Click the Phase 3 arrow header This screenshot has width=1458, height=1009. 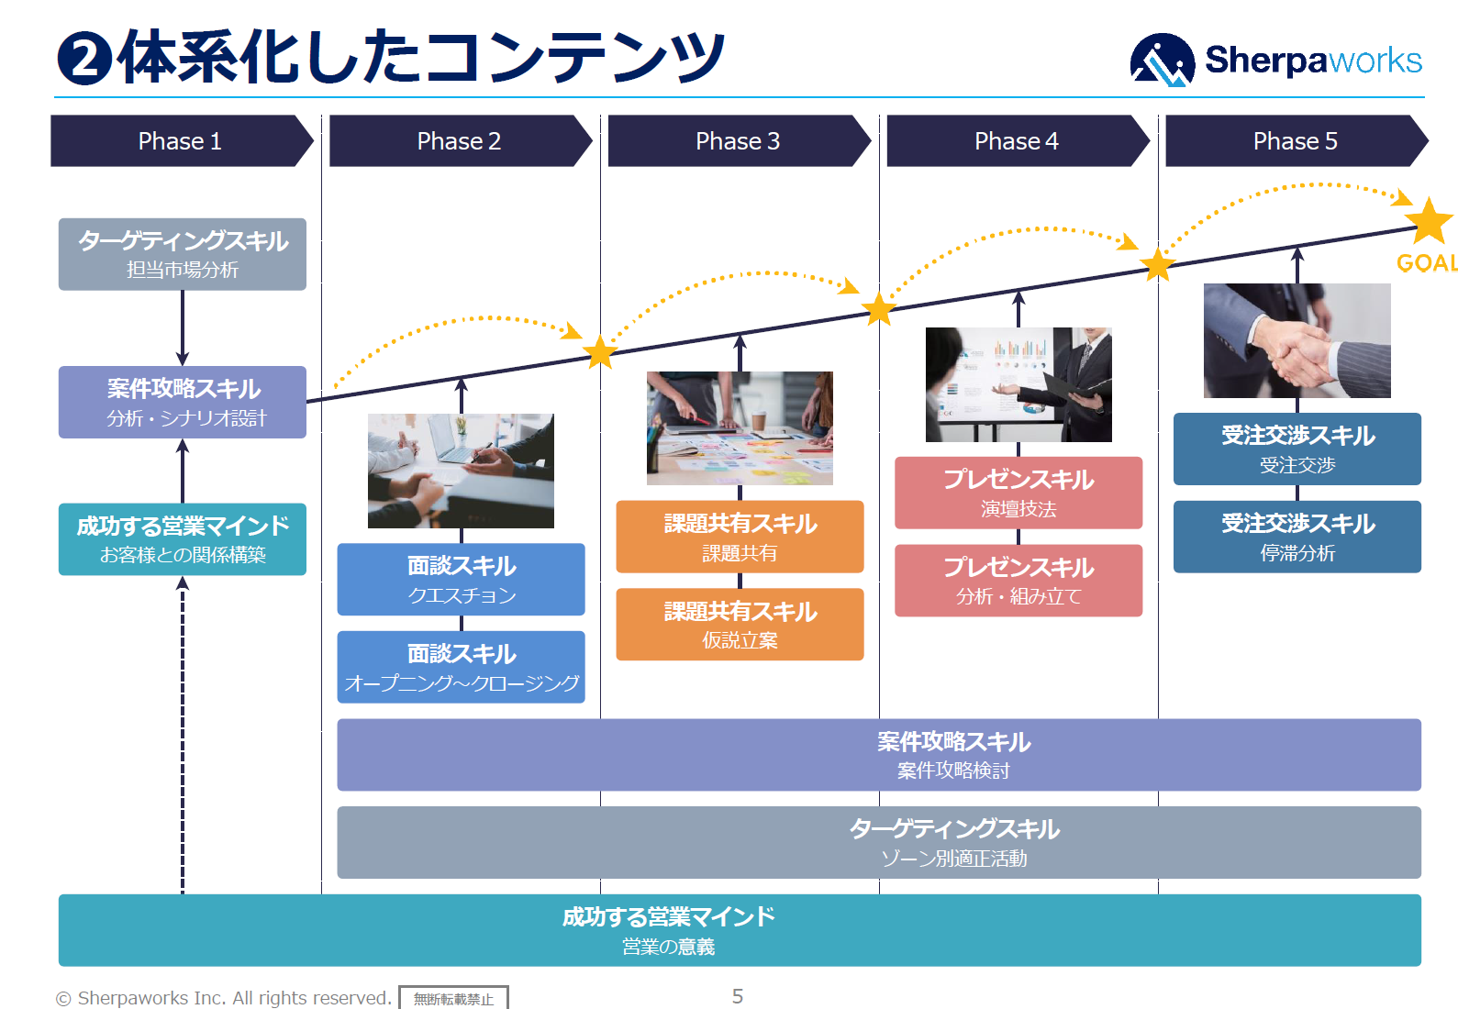pyautogui.click(x=737, y=141)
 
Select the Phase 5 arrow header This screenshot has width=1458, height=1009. pyautogui.click(x=1295, y=141)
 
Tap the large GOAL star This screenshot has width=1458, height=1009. pyautogui.click(x=1429, y=221)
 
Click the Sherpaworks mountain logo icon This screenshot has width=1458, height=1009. pyautogui.click(x=1162, y=61)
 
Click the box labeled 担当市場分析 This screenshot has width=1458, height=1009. pyautogui.click(x=183, y=254)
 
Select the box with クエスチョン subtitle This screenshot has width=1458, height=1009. pyautogui.click(x=461, y=579)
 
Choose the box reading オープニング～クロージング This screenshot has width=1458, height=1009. pyautogui.click(x=461, y=667)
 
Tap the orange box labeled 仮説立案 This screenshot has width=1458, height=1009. pyautogui.click(x=740, y=624)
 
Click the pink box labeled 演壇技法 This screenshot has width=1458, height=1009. pyautogui.click(x=1018, y=493)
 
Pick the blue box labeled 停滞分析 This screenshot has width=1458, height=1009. pyautogui.click(x=1297, y=537)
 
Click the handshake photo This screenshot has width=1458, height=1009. pyautogui.click(x=1297, y=340)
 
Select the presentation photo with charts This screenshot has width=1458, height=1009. pyautogui.click(x=1018, y=384)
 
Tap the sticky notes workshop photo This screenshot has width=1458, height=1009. pyautogui.click(x=740, y=428)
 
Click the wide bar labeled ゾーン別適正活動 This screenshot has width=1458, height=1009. pyautogui.click(x=878, y=842)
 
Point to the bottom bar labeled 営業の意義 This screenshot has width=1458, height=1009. pyautogui.click(x=740, y=930)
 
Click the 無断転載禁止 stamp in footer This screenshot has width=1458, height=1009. pyautogui.click(x=453, y=998)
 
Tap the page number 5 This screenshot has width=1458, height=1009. pyautogui.click(x=738, y=996)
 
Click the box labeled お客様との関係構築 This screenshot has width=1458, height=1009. pyautogui.click(x=183, y=539)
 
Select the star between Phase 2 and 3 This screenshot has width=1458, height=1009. pyautogui.click(x=600, y=352)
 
